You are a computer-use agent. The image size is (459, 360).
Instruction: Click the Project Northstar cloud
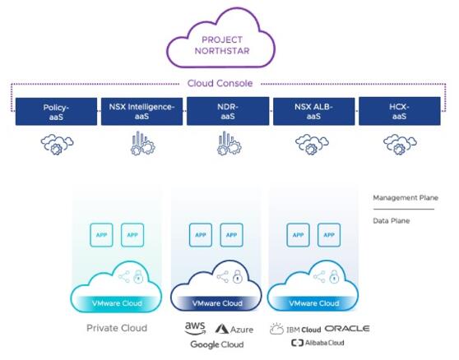pyautogui.click(x=221, y=39)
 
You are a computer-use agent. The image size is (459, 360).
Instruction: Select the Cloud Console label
pyautogui.click(x=220, y=83)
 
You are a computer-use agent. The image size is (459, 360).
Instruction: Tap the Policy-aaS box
pyautogui.click(x=56, y=112)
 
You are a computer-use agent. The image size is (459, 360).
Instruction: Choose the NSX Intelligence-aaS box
pyautogui.click(x=142, y=112)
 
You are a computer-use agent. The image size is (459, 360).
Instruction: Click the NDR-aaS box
pyautogui.click(x=228, y=112)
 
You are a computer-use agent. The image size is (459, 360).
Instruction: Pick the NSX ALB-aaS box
pyautogui.click(x=313, y=112)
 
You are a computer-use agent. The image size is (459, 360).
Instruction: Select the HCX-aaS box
pyautogui.click(x=400, y=112)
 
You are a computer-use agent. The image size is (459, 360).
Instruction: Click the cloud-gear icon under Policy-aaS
pyautogui.click(x=57, y=144)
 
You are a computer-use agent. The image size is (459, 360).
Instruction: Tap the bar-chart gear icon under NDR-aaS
pyautogui.click(x=229, y=143)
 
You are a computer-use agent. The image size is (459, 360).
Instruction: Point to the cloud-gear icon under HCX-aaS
pyautogui.click(x=400, y=144)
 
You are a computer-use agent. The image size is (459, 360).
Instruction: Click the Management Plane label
pyautogui.click(x=406, y=198)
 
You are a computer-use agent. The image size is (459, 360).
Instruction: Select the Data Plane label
pyautogui.click(x=391, y=221)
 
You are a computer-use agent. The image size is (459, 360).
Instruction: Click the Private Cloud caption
pyautogui.click(x=117, y=328)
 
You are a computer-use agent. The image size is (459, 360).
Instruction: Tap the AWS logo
pyautogui.click(x=195, y=328)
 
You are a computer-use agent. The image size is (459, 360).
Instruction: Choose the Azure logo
pyautogui.click(x=234, y=330)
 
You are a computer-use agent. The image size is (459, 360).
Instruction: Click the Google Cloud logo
pyautogui.click(x=217, y=344)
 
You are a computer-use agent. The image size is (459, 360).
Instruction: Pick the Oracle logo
pyautogui.click(x=347, y=329)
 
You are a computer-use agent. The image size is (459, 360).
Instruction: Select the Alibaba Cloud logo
pyautogui.click(x=318, y=343)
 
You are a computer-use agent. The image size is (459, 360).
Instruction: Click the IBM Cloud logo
pyautogui.click(x=295, y=329)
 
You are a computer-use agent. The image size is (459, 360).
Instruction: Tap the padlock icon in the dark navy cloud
pyautogui.click(x=238, y=276)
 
